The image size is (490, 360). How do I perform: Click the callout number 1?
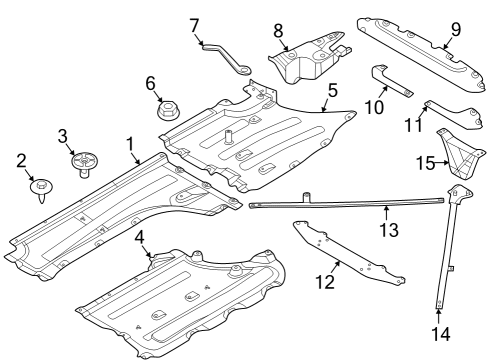tap(130, 145)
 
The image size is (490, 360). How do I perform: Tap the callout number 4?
tap(140, 238)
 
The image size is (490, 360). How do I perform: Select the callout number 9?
tap(456, 29)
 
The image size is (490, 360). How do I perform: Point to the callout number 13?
tap(389, 230)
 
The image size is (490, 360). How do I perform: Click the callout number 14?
tap(441, 334)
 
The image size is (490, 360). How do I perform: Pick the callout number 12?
tap(325, 282)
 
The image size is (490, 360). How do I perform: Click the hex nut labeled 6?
tap(168, 110)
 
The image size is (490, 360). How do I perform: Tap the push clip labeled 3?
tap(84, 163)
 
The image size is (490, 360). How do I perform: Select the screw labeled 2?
tap(42, 191)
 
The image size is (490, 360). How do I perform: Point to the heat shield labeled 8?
tap(310, 57)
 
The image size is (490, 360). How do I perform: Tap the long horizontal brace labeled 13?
tap(347, 203)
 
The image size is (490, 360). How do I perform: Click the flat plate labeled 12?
tap(348, 253)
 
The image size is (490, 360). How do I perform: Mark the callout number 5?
tap(332, 90)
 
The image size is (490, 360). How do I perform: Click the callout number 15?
tap(426, 163)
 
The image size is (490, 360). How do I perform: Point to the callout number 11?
tap(413, 125)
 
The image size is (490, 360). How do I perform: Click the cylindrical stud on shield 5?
tap(228, 137)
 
